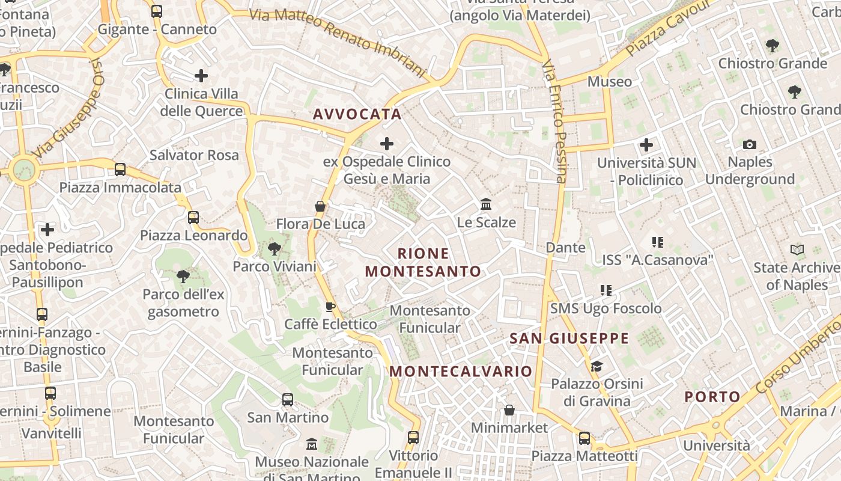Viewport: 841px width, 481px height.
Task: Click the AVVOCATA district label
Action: click(357, 114)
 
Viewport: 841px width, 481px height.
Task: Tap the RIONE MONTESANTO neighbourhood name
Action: click(423, 262)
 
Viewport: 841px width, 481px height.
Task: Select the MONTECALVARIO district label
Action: click(461, 371)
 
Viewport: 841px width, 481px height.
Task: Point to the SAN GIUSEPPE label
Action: click(569, 339)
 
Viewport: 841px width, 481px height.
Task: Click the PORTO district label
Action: click(712, 397)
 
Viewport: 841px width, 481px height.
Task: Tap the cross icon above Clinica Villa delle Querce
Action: click(201, 76)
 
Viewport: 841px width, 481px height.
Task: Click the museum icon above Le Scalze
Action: click(486, 204)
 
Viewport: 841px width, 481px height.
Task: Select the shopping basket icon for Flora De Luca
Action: click(320, 206)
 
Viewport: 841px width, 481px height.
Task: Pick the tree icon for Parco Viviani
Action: click(274, 248)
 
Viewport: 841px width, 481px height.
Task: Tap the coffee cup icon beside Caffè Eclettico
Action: click(330, 307)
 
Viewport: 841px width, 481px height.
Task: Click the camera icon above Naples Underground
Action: click(749, 144)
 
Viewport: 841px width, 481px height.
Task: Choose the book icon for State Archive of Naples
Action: click(797, 250)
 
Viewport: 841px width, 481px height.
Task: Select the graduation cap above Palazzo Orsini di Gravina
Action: click(597, 366)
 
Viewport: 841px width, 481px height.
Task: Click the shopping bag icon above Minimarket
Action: click(509, 410)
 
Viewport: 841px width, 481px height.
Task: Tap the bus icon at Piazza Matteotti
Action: click(584, 438)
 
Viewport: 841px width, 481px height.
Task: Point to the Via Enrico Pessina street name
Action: click(554, 120)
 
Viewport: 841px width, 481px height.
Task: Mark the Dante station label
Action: click(565, 247)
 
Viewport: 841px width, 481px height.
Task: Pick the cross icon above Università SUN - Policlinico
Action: click(646, 145)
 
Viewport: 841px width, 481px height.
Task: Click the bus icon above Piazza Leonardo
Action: click(193, 218)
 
